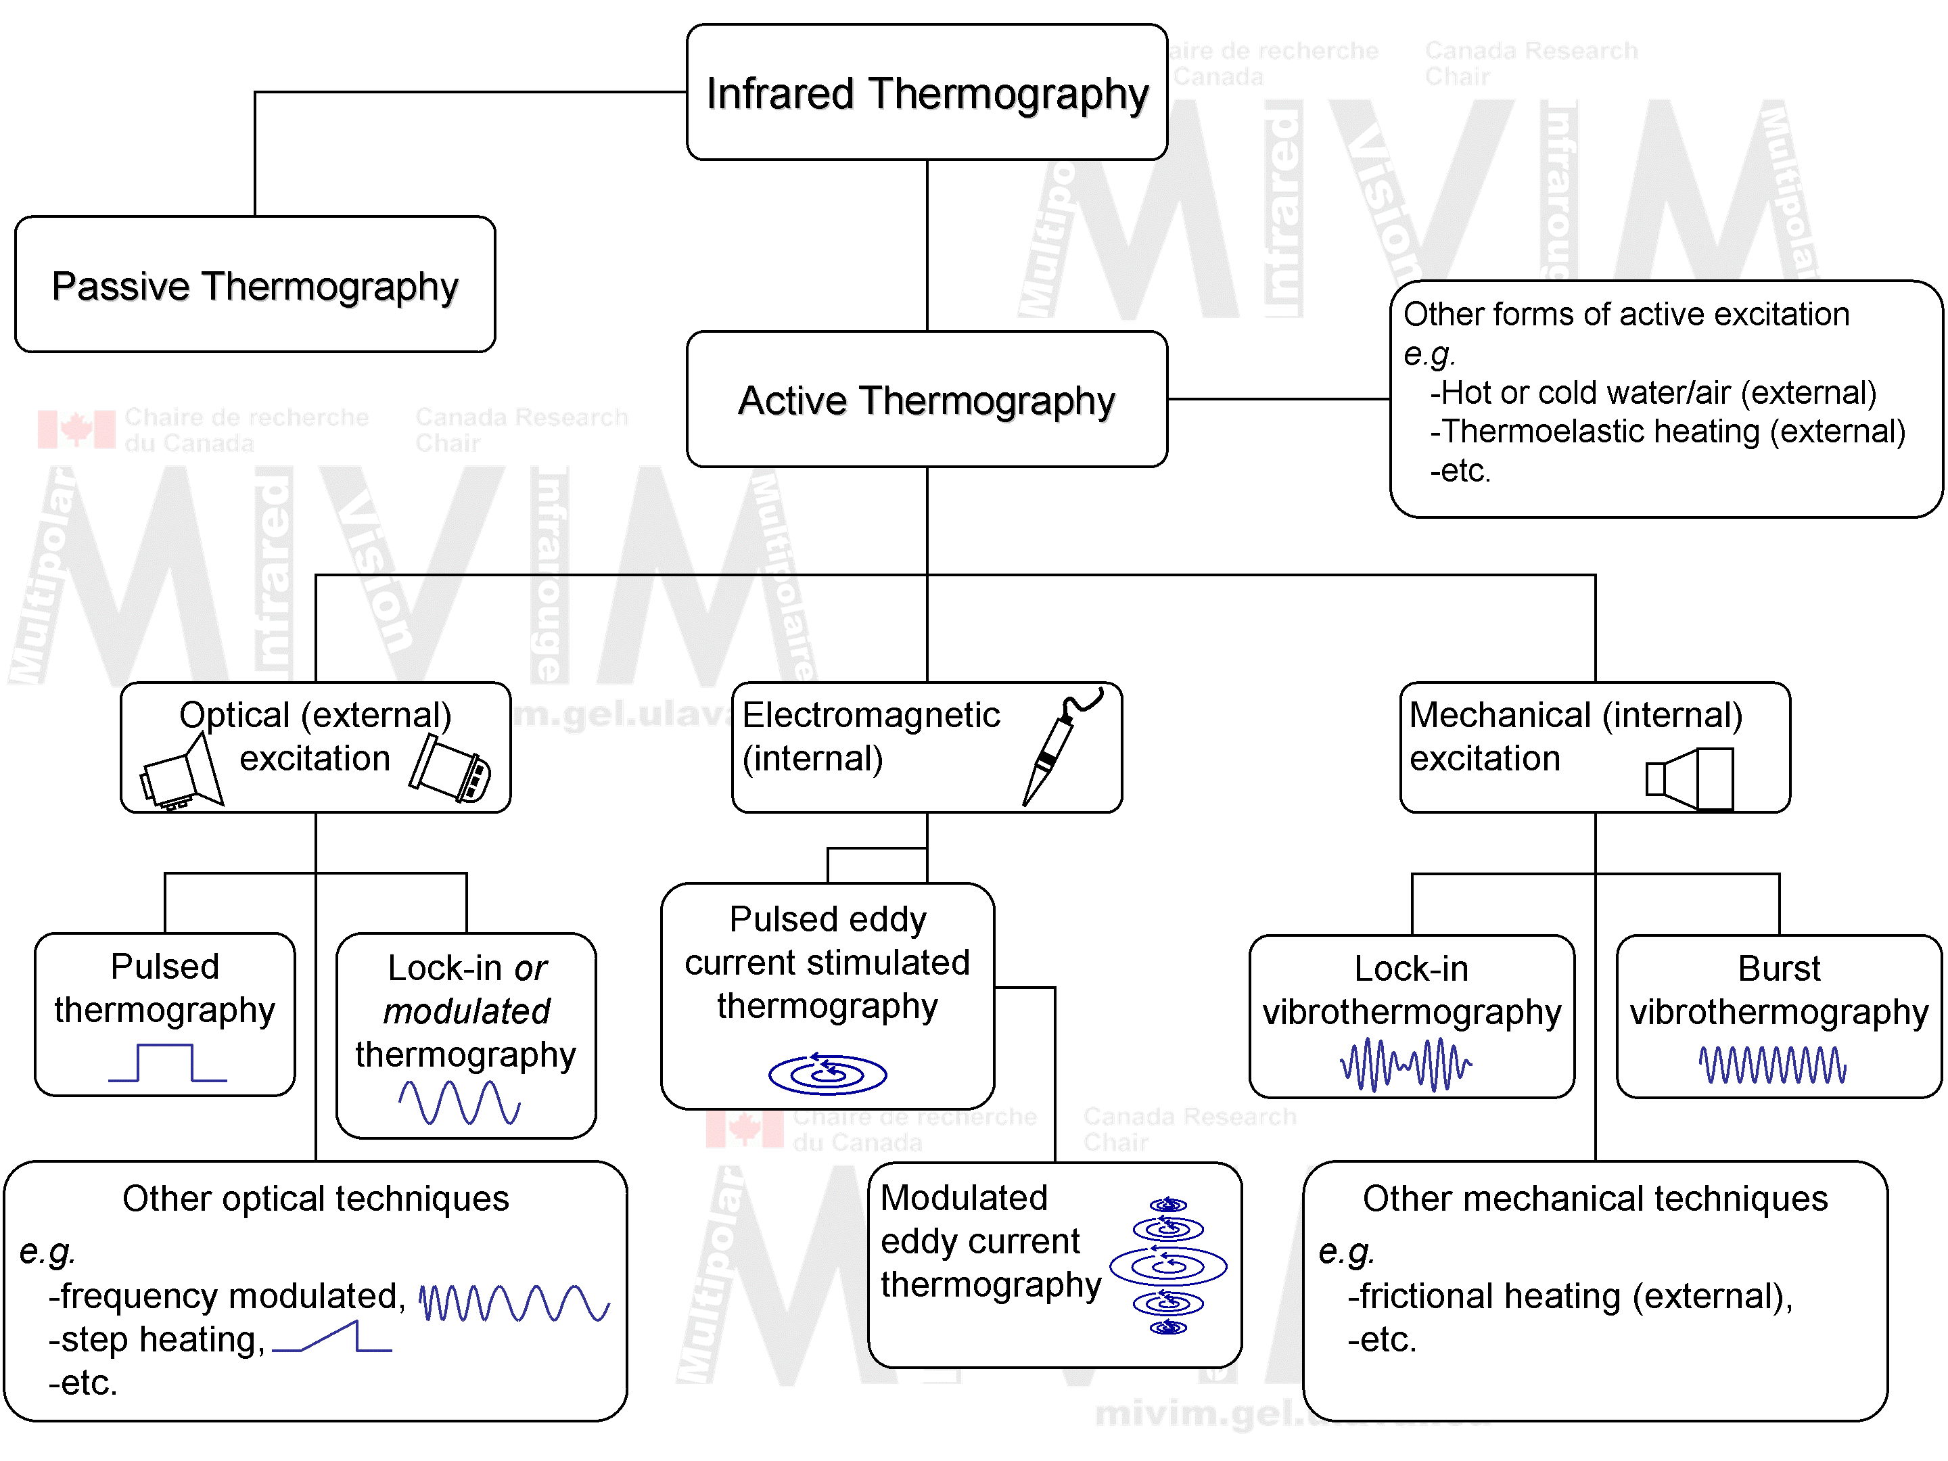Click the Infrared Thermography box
[x=927, y=93]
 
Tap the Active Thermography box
[x=927, y=399]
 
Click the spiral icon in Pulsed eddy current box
[x=827, y=1073]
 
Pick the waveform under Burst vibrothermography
[x=1772, y=1065]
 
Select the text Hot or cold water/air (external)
[x=1653, y=393]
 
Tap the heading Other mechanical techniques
[x=1595, y=1199]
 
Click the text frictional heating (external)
[x=1570, y=1297]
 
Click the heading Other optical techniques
[x=315, y=1199]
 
